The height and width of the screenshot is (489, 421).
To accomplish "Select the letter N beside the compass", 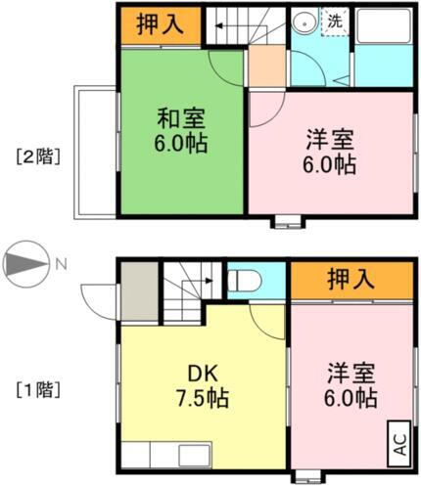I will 61,264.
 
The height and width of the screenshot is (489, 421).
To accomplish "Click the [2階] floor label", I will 36,154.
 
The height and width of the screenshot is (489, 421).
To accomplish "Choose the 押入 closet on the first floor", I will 350,280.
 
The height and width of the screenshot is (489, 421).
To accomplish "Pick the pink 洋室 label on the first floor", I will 351,386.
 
